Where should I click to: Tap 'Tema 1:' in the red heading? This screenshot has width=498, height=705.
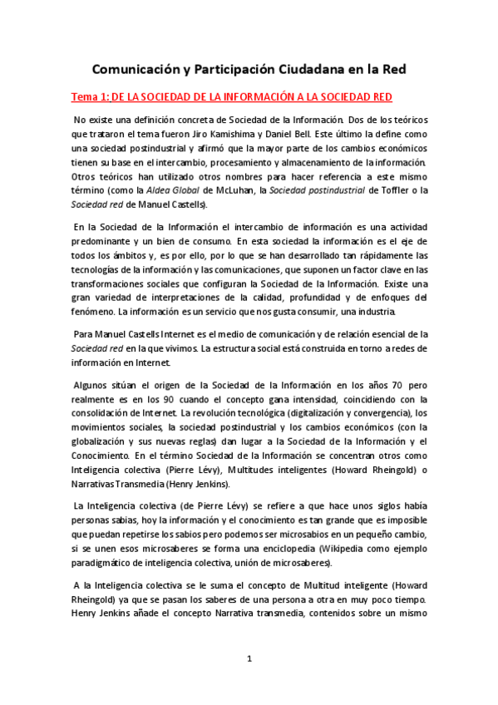(89, 97)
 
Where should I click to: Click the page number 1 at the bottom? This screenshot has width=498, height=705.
(249, 659)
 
